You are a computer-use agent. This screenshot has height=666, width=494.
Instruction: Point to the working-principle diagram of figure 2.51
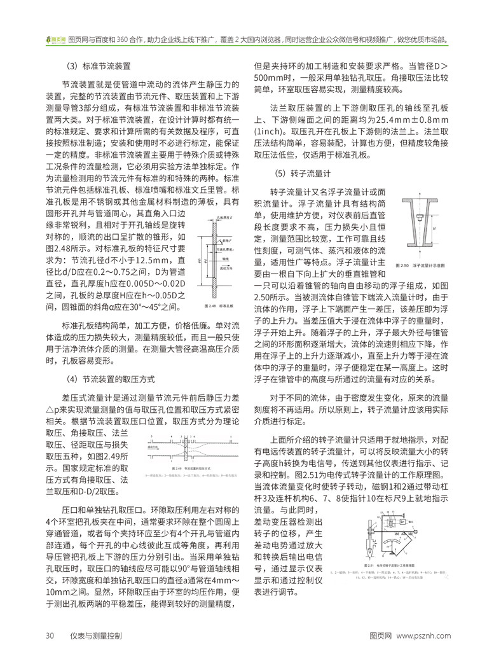(x=399, y=534)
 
